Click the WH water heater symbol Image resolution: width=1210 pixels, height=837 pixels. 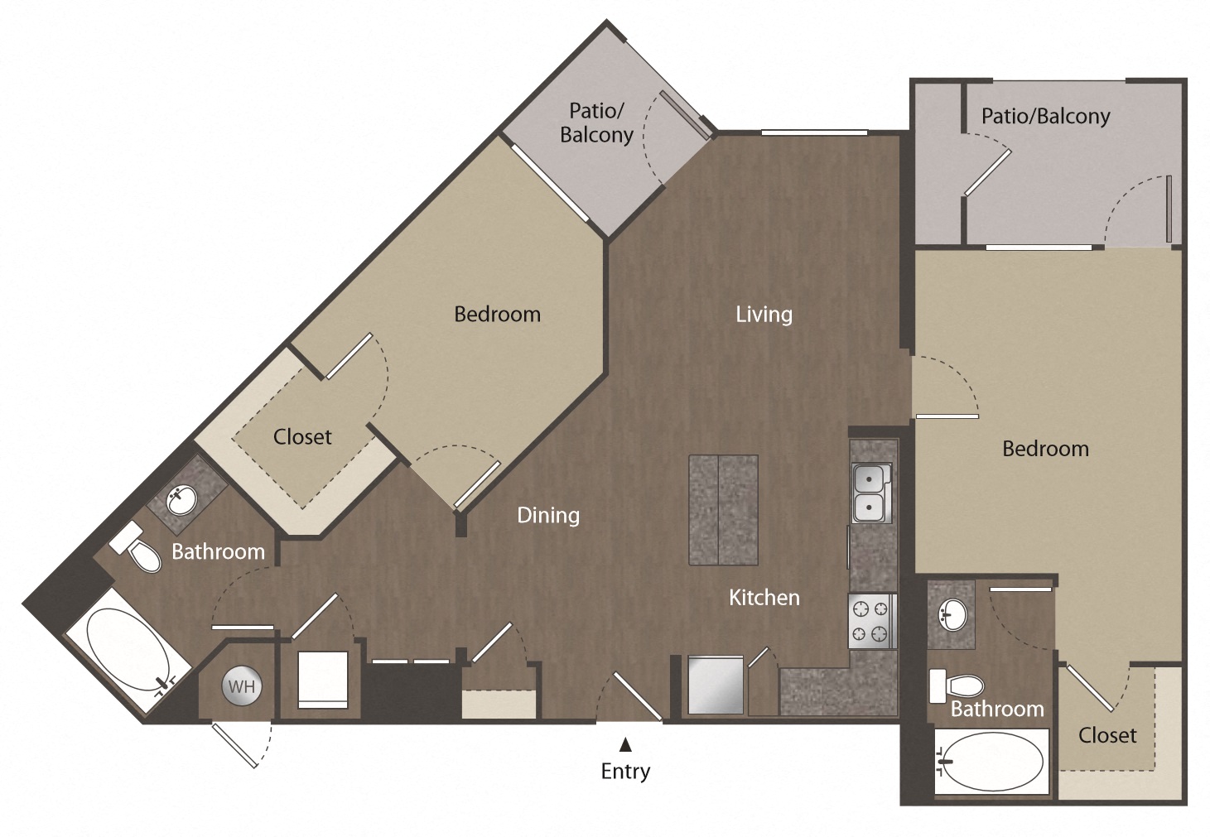tap(241, 686)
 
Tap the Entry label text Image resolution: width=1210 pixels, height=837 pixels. tap(625, 772)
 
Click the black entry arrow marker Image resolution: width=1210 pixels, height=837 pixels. tap(626, 745)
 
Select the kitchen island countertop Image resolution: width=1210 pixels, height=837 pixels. tap(723, 510)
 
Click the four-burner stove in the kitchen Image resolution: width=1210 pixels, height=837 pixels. tap(870, 622)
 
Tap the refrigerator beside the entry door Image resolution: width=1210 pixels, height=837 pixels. tap(716, 685)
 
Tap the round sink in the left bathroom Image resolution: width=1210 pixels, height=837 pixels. tap(181, 500)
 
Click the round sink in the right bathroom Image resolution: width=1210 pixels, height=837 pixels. tap(952, 614)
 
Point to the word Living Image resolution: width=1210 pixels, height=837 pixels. tap(764, 315)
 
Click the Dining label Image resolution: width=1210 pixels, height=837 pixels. tap(547, 516)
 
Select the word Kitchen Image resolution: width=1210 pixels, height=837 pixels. tap(764, 598)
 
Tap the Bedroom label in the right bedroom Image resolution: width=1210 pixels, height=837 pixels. tap(1045, 449)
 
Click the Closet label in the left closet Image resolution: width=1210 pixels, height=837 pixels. tap(302, 437)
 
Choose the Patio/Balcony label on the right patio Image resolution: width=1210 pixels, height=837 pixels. tap(1045, 117)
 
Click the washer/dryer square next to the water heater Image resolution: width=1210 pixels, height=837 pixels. tap(322, 679)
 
